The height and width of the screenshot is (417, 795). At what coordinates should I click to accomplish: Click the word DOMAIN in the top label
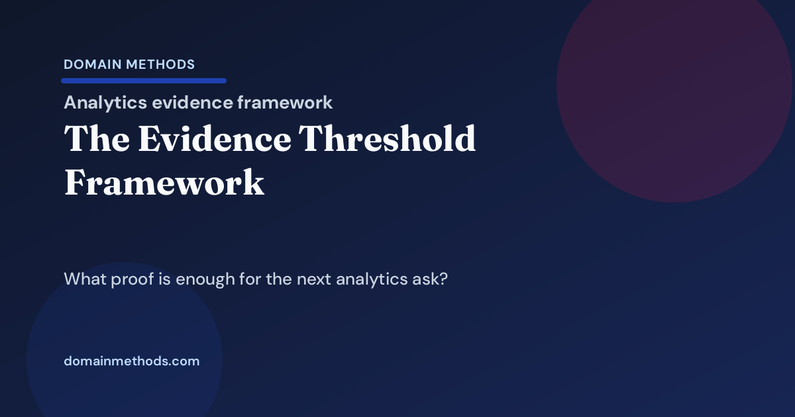point(91,65)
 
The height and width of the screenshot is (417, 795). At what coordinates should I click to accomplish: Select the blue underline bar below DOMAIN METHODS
point(144,81)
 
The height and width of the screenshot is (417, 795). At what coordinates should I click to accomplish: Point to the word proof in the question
point(130,279)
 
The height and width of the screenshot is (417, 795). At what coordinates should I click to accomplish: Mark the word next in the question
point(313,279)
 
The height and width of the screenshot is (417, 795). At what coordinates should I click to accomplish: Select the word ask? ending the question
point(433,279)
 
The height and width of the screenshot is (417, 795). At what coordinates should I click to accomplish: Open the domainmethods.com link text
point(131,361)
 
